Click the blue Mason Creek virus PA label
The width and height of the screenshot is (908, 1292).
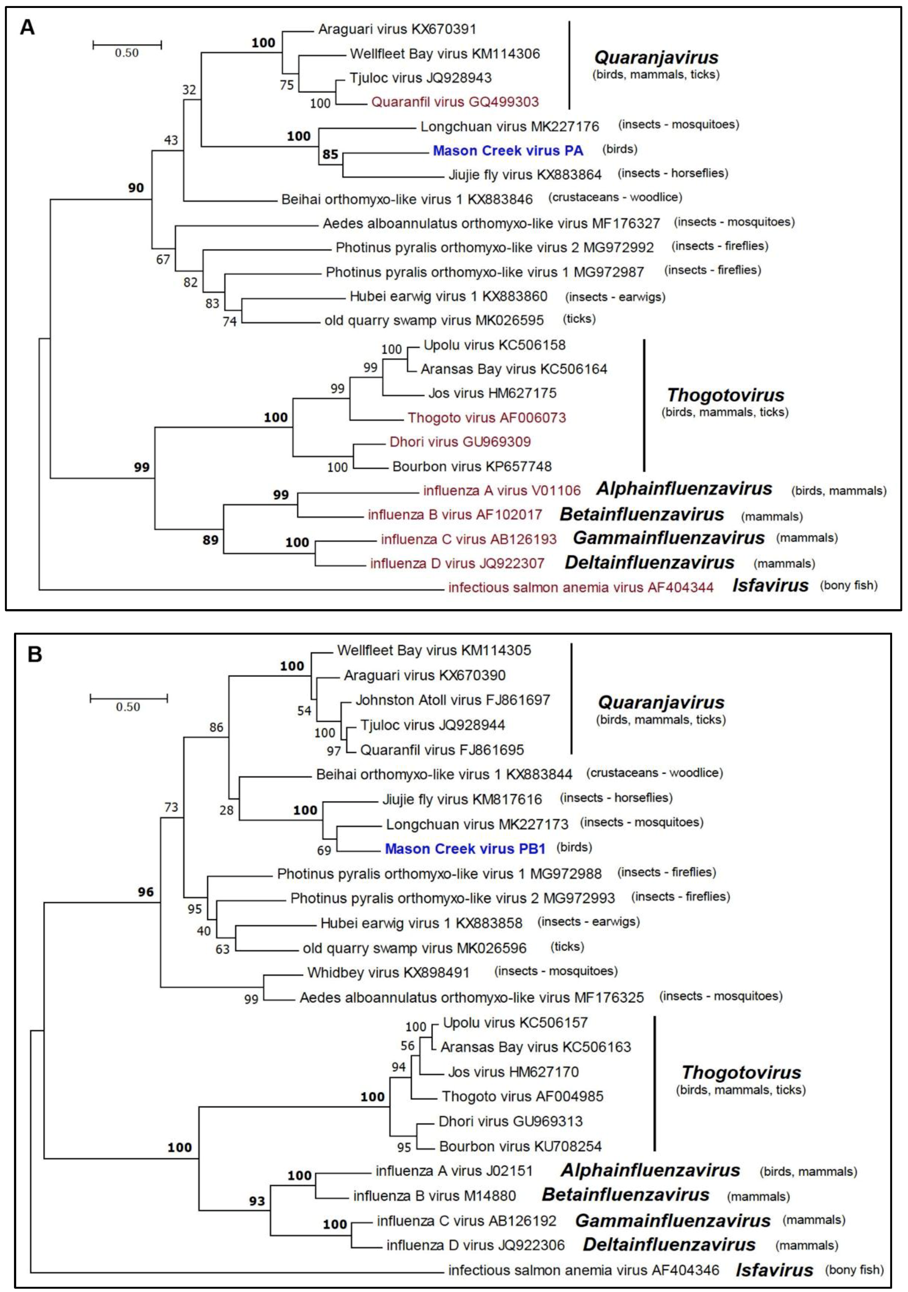pos(508,151)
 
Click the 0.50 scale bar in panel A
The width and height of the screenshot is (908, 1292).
pos(127,44)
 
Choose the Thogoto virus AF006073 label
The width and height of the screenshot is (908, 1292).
pos(487,418)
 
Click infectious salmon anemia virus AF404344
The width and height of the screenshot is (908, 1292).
pos(581,588)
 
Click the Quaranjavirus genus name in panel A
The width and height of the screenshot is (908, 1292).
pos(656,57)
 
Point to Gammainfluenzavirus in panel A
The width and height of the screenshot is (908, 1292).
pos(669,538)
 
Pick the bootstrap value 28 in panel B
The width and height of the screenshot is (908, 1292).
pos(226,810)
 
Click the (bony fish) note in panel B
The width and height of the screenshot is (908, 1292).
pos(854,1269)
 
